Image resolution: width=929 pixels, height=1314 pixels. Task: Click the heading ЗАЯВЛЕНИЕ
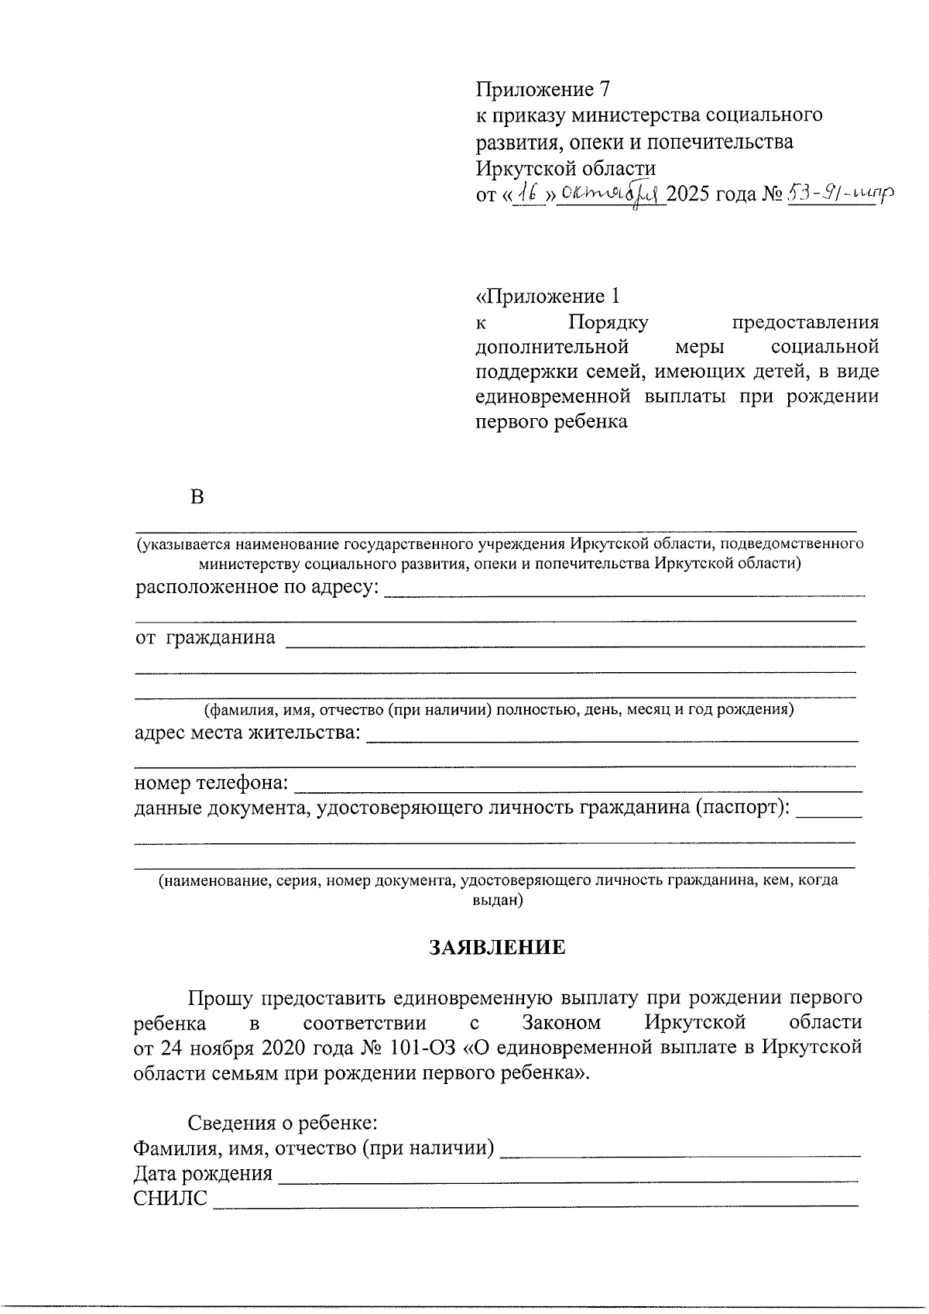[x=497, y=947]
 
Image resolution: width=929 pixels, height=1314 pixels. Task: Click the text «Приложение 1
[x=547, y=297]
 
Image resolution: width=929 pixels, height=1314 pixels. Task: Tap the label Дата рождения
[x=203, y=1173]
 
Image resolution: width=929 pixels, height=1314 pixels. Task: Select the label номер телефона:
[x=211, y=784]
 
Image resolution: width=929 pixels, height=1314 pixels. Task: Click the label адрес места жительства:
[x=247, y=732]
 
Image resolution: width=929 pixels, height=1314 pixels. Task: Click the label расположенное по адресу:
[x=258, y=588]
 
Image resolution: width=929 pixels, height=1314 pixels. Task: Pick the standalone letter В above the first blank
[x=197, y=497]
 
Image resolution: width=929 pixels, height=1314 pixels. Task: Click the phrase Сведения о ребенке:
[x=283, y=1122]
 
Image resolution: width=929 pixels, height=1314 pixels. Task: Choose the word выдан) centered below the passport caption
[x=497, y=901]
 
